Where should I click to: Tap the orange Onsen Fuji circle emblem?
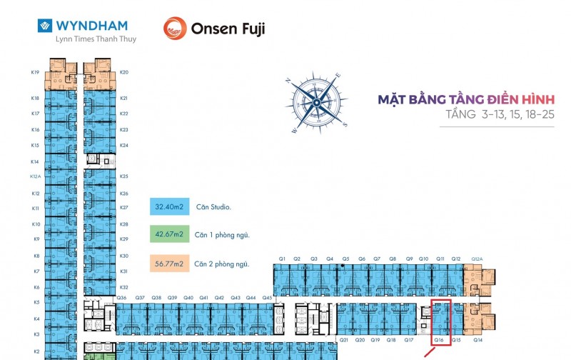click(175, 29)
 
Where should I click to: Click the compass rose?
click(315, 103)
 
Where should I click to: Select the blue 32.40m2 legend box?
click(169, 207)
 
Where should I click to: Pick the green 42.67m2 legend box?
click(169, 234)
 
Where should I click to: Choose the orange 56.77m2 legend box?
click(169, 264)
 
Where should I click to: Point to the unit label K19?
click(35, 72)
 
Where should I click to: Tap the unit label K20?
click(124, 72)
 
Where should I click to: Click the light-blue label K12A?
click(35, 176)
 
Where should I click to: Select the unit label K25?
click(124, 176)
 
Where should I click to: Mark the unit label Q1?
click(282, 259)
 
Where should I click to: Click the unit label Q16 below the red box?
click(440, 340)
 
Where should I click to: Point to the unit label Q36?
click(121, 297)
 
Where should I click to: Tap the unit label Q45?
click(267, 297)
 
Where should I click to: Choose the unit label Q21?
click(343, 340)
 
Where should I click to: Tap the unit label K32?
click(124, 287)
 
